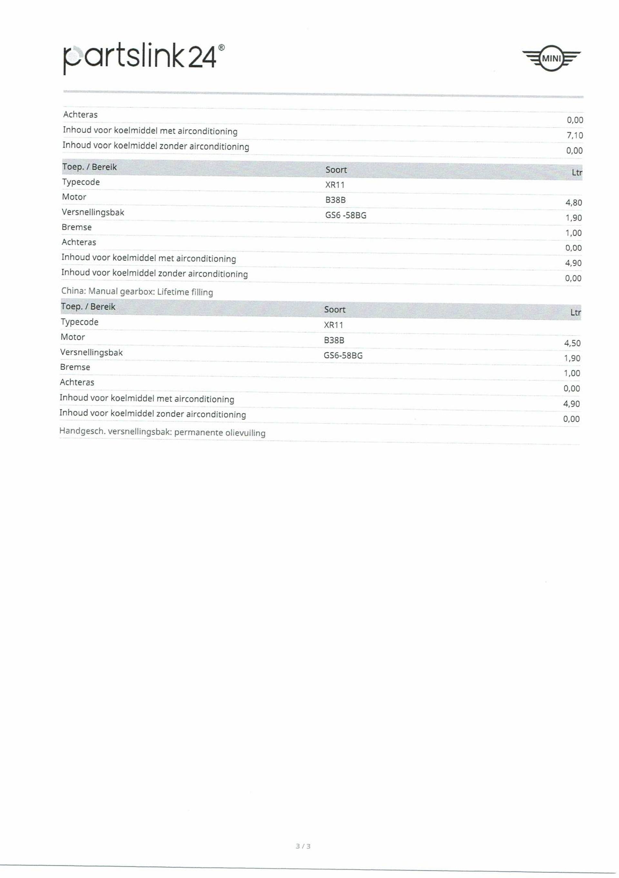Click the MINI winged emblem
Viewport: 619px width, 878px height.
(x=551, y=58)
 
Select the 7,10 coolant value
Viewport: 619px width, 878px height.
(x=575, y=135)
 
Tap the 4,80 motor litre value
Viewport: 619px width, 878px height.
(x=574, y=203)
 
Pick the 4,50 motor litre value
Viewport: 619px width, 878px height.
(x=572, y=343)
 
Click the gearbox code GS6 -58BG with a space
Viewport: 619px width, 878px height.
(x=346, y=215)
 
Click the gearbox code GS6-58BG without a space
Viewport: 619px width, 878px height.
(x=343, y=355)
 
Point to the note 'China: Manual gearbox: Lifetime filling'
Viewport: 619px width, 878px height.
(x=137, y=291)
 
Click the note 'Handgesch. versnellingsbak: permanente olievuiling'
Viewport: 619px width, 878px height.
(x=162, y=432)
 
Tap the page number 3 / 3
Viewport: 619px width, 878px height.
(x=303, y=857)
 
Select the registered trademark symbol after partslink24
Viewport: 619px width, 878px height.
(x=221, y=47)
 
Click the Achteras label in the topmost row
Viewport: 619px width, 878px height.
(x=80, y=114)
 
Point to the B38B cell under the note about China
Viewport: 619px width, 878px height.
(x=334, y=340)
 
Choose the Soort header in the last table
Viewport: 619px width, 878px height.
(x=334, y=309)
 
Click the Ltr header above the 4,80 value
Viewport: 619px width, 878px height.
(x=576, y=172)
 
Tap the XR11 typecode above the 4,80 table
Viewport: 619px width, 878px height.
(x=335, y=185)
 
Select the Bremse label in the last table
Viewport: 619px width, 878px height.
(x=75, y=367)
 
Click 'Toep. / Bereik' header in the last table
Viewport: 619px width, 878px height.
(x=88, y=307)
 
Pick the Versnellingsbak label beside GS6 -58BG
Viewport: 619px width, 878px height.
(x=93, y=212)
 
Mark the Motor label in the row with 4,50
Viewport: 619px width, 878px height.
(x=73, y=337)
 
